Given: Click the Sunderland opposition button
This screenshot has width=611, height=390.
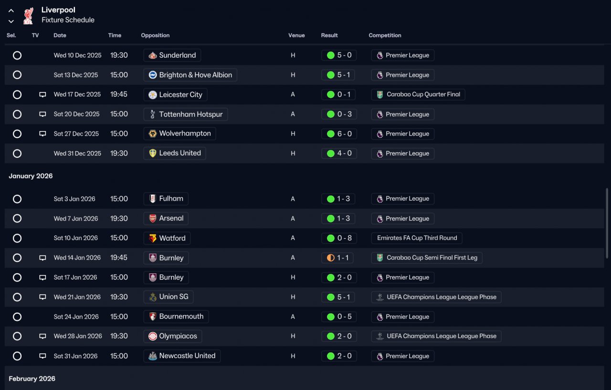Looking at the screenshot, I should (172, 55).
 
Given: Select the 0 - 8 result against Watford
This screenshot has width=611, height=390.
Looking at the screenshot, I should (339, 238).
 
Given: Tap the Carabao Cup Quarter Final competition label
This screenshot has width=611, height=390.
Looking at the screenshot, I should (418, 94).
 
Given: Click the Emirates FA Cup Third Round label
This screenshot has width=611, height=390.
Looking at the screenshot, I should (417, 238).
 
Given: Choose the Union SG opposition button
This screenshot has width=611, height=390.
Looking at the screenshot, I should (169, 297).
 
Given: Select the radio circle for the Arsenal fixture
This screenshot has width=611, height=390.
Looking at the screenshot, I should (17, 218).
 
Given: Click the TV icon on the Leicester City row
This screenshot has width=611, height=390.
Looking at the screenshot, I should (42, 94).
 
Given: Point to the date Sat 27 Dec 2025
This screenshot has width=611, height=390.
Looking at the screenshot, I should (76, 134).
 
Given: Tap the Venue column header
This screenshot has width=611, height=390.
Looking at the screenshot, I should (296, 35).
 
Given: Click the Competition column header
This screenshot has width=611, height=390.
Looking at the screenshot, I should (385, 35).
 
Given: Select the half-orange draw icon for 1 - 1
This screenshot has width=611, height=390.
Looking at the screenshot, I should (330, 258).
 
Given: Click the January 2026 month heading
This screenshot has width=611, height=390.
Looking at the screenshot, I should (31, 176).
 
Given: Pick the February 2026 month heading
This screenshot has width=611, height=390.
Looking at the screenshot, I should (32, 379).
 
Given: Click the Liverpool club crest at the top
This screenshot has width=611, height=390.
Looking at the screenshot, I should (28, 15).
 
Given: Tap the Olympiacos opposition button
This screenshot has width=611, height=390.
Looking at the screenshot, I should (173, 336).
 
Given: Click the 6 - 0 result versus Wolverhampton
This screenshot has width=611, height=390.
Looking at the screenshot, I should (339, 134).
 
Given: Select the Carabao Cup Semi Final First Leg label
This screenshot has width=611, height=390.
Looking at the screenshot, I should (427, 258).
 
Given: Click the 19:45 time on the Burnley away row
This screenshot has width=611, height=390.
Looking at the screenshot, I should (119, 258).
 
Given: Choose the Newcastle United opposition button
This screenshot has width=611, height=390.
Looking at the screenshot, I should (182, 356).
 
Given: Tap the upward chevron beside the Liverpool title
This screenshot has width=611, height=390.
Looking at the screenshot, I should (11, 10).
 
